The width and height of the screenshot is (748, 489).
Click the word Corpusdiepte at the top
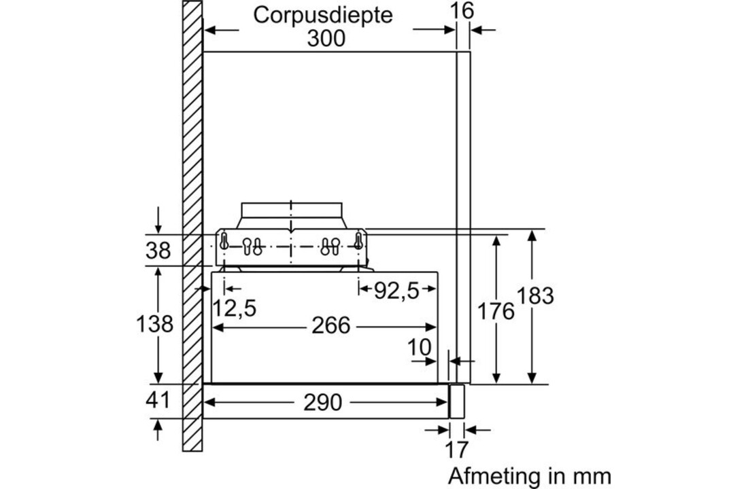tap(323, 15)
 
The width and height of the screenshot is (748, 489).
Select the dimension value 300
tap(326, 38)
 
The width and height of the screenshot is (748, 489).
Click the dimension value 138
tap(154, 324)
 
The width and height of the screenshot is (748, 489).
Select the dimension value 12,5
tap(233, 308)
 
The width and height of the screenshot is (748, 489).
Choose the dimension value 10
tap(420, 347)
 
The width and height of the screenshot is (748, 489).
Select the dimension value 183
tap(535, 296)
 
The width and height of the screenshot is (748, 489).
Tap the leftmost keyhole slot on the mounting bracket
tap(223, 242)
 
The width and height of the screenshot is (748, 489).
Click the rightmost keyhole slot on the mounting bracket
tap(358, 242)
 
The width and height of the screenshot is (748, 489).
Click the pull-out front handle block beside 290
tap(457, 400)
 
